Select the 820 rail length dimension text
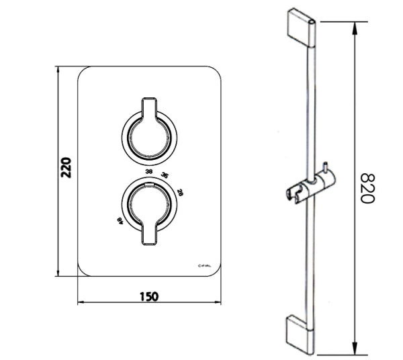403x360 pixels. (367, 189)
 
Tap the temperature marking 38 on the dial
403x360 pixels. (148, 173)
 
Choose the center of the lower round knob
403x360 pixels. (149, 206)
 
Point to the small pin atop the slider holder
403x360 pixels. (324, 167)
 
